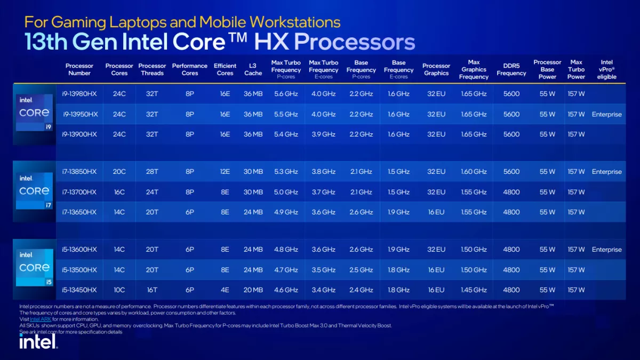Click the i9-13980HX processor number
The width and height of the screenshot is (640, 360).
tap(80, 94)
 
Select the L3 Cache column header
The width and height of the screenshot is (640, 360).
tap(253, 69)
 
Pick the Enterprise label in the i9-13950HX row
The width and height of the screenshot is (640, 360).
tap(606, 114)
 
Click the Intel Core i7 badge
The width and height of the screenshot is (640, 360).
tap(34, 190)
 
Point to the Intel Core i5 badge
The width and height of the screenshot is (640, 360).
tap(34, 267)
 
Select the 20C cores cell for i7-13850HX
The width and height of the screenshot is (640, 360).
tap(119, 172)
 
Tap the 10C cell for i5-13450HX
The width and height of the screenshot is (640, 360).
tap(119, 290)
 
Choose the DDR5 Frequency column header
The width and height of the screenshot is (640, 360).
tap(511, 69)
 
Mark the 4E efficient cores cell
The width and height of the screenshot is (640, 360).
tap(225, 290)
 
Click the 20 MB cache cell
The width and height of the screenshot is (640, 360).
tap(253, 290)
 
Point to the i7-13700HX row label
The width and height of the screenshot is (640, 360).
tap(80, 192)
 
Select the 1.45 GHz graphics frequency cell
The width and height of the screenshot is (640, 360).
tap(474, 290)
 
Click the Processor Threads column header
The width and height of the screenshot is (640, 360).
tap(152, 69)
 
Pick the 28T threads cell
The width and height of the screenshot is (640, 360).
tap(152, 172)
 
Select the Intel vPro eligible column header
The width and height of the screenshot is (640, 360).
tap(606, 69)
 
